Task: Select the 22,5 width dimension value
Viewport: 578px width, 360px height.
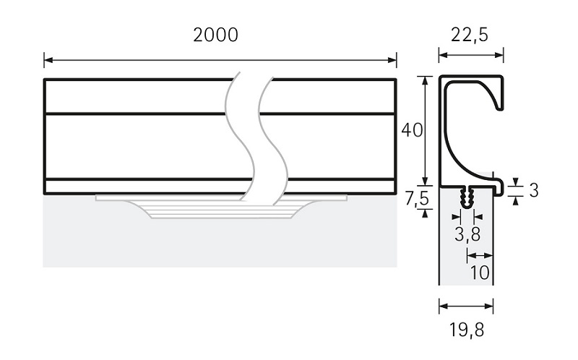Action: (x=471, y=35)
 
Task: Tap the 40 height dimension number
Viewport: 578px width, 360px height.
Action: (x=411, y=131)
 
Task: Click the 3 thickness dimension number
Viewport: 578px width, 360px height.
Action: (x=533, y=191)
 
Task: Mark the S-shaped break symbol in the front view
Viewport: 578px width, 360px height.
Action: (x=250, y=137)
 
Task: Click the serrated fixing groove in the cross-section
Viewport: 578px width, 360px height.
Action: (x=466, y=194)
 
